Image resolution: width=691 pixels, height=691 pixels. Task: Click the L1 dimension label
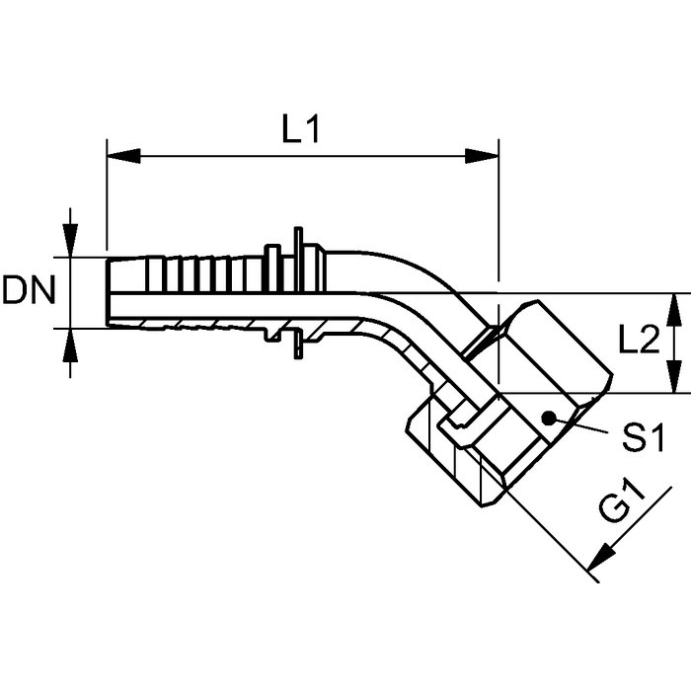click(300, 129)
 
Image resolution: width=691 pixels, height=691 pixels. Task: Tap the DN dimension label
click(29, 290)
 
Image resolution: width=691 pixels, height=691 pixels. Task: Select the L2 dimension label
click(640, 340)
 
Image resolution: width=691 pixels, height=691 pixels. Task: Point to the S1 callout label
click(644, 436)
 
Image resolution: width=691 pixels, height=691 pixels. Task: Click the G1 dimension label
click(621, 502)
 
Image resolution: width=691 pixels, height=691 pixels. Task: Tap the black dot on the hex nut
click(548, 418)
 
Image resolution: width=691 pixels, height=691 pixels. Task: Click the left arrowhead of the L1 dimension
click(123, 156)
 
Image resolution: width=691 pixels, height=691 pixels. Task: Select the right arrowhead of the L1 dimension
click(482, 156)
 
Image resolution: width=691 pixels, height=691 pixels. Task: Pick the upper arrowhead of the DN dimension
click(70, 241)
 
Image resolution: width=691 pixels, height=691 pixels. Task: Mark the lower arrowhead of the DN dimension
click(70, 345)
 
